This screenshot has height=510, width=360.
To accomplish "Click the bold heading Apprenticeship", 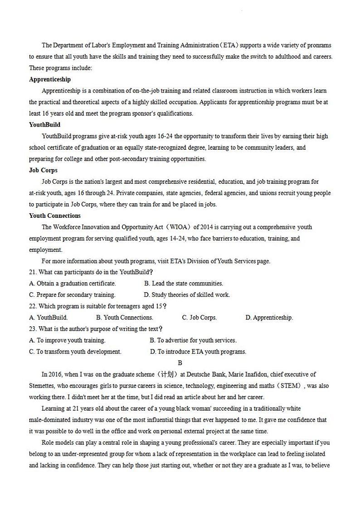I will [x=50, y=79].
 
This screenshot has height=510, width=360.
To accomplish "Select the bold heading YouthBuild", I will [x=44, y=125].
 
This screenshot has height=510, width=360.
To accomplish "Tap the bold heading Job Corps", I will [x=43, y=170].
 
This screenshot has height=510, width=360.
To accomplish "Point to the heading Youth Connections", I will [x=55, y=216].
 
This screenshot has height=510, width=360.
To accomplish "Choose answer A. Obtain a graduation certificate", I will [x=73, y=284].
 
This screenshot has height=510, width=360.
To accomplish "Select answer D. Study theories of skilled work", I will [x=187, y=295].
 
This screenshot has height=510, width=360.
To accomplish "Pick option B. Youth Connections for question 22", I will [x=125, y=318].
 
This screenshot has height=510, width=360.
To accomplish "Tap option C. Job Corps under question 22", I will [x=199, y=318].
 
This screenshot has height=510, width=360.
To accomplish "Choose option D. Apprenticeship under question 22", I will [x=269, y=318].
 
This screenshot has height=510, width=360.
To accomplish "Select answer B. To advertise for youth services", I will [x=193, y=340].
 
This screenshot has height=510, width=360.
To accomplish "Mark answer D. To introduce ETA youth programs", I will [x=198, y=352].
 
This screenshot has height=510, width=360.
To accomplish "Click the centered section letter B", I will [x=180, y=363].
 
